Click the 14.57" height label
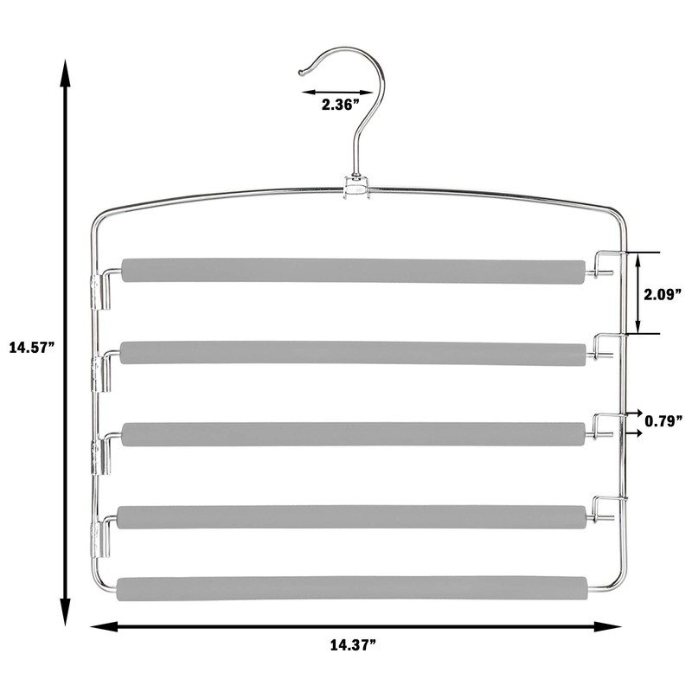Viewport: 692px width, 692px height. [32, 348]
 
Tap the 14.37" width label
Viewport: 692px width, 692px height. [353, 645]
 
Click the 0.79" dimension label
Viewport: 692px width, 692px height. [663, 420]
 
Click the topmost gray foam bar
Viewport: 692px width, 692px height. [354, 271]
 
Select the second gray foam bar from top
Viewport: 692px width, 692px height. [354, 353]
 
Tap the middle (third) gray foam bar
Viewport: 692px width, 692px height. [354, 434]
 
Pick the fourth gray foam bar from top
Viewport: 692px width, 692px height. [352, 517]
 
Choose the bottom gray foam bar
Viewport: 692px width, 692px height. [352, 589]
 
